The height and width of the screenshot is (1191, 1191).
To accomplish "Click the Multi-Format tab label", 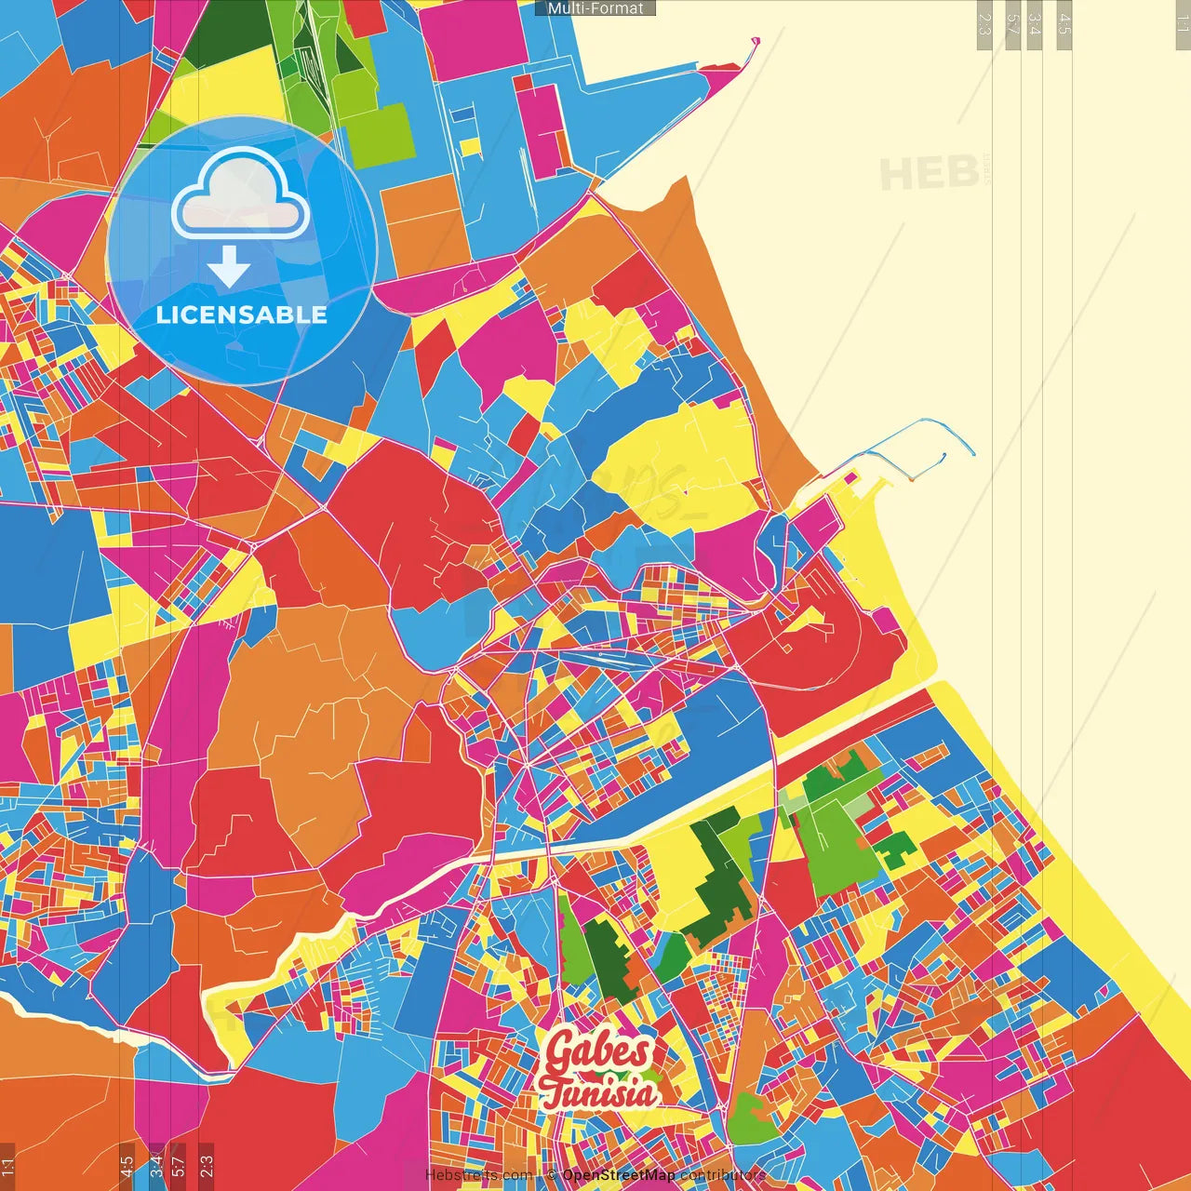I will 595,8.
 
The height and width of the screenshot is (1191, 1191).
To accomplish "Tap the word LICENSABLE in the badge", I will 241,314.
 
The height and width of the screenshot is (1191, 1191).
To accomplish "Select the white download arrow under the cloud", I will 229,268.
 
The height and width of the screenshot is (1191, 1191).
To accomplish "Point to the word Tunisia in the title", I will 598,1092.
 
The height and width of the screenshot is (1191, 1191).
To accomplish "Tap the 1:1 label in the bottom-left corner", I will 7,1166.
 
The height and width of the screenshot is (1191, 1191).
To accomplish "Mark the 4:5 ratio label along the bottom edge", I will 127,1166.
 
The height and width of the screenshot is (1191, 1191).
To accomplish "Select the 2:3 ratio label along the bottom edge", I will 207,1166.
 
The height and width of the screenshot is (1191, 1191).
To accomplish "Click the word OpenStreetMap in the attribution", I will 619,1175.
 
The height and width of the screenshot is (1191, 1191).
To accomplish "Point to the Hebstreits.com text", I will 479,1175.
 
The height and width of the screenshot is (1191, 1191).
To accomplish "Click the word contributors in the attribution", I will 722,1175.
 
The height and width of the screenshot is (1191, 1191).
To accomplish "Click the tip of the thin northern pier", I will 756,41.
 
